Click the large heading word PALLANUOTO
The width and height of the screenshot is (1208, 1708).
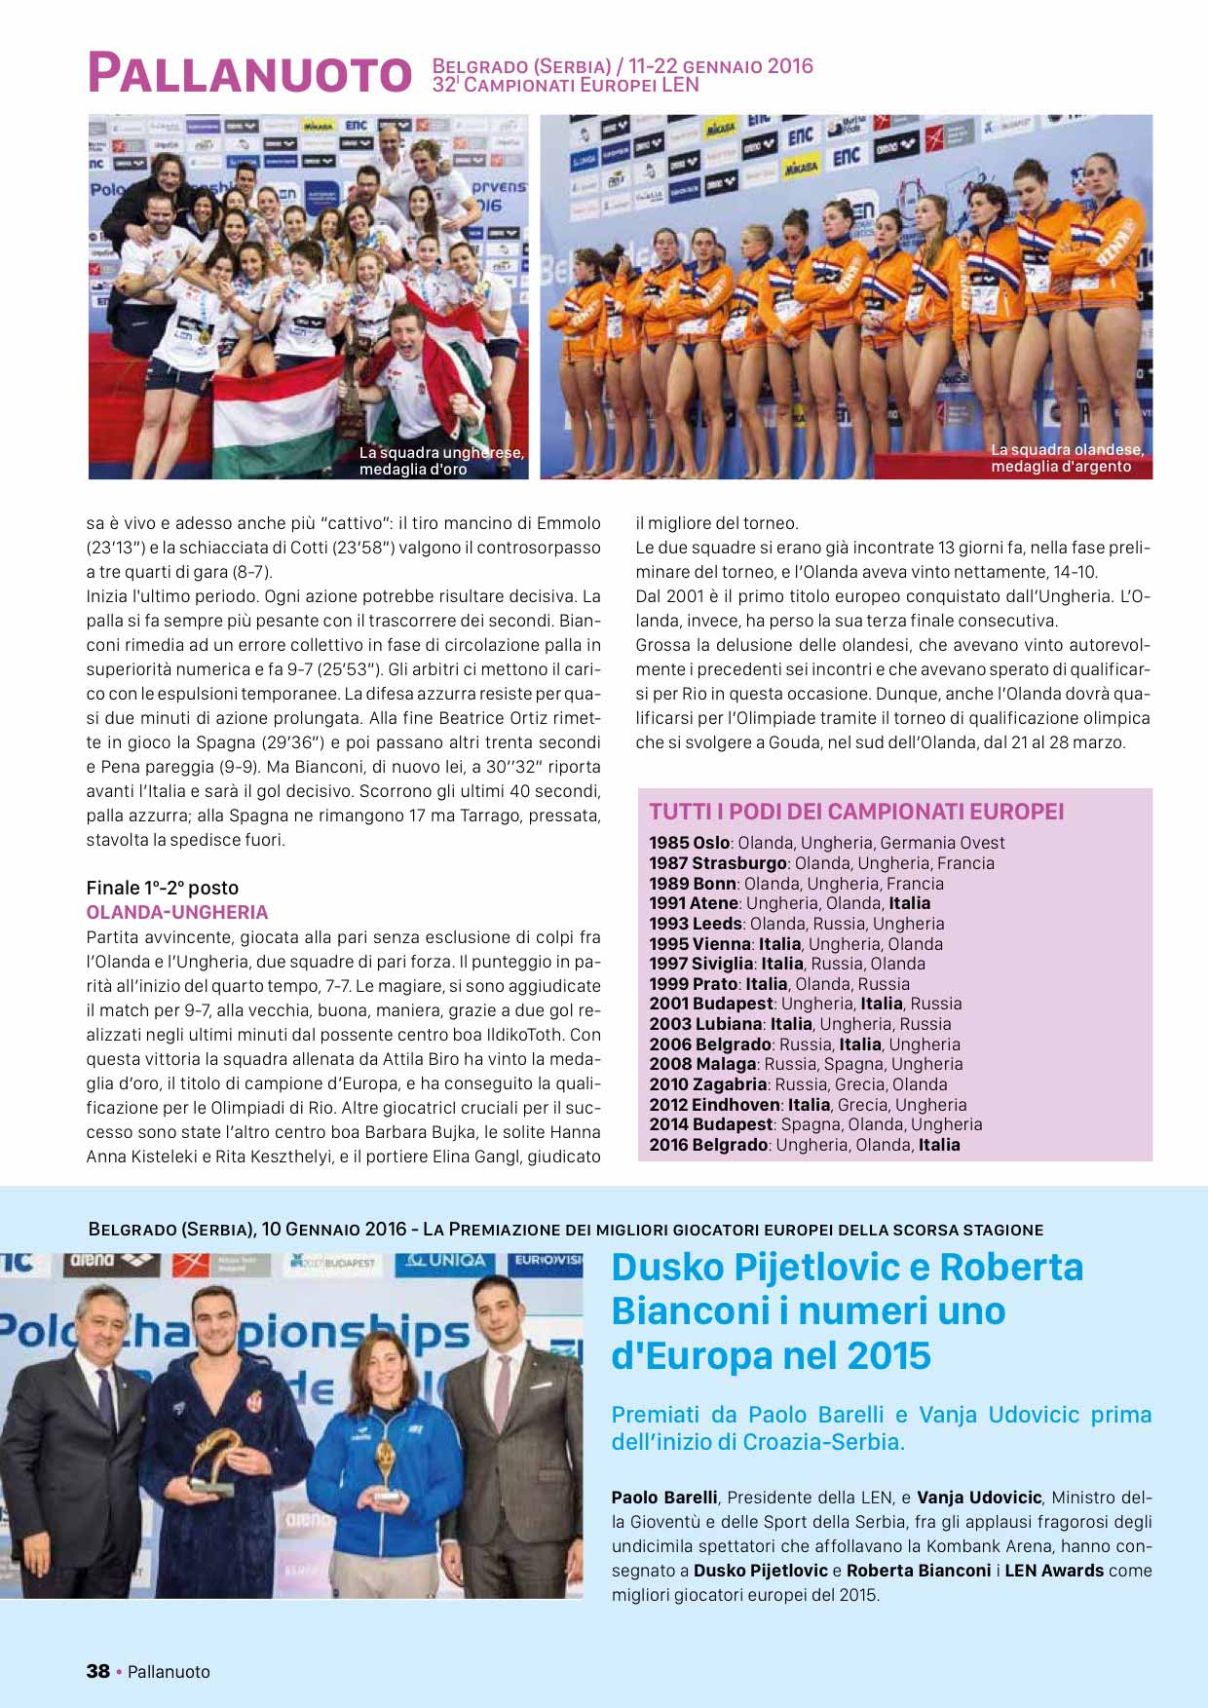tap(249, 74)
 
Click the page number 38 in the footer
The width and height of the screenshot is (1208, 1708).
tap(97, 1671)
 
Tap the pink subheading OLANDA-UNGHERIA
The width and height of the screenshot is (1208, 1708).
tap(176, 912)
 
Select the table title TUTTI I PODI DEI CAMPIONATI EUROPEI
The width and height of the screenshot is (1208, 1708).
tap(856, 812)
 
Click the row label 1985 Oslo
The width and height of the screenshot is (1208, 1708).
tap(689, 843)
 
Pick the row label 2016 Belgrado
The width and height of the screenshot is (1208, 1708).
tap(708, 1145)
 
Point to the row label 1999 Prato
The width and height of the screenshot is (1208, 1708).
tap(693, 984)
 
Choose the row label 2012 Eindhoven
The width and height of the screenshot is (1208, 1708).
tap(715, 1105)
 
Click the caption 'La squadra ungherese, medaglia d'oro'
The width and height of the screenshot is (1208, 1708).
tap(440, 461)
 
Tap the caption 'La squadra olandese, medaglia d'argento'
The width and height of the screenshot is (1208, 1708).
tap(1066, 458)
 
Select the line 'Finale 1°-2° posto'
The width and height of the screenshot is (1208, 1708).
tap(162, 888)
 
